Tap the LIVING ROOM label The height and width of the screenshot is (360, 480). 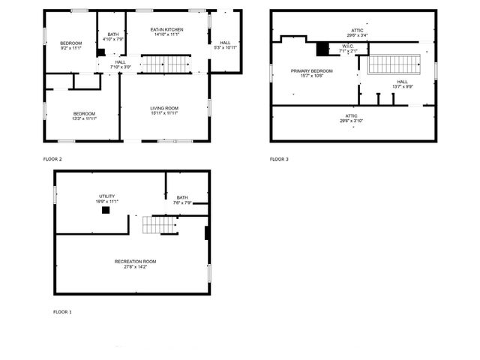click(164, 108)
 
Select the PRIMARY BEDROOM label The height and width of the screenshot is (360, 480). click(311, 70)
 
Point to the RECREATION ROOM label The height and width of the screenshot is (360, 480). click(135, 261)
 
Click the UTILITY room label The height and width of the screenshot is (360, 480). click(106, 196)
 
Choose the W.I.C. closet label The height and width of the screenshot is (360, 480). click(348, 46)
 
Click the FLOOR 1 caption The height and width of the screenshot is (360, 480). click(62, 311)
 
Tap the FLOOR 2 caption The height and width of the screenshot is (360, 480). click(52, 160)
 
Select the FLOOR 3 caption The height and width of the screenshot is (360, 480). click(279, 160)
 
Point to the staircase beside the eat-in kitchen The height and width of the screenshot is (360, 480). click(163, 64)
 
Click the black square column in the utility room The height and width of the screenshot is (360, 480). click(106, 211)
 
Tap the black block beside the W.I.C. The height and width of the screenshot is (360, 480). click(323, 49)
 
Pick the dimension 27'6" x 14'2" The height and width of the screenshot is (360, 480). click(135, 266)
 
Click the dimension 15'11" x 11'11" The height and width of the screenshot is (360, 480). click(164, 113)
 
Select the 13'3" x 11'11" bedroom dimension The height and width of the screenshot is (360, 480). click(84, 118)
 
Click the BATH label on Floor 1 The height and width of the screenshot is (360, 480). click(182, 197)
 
